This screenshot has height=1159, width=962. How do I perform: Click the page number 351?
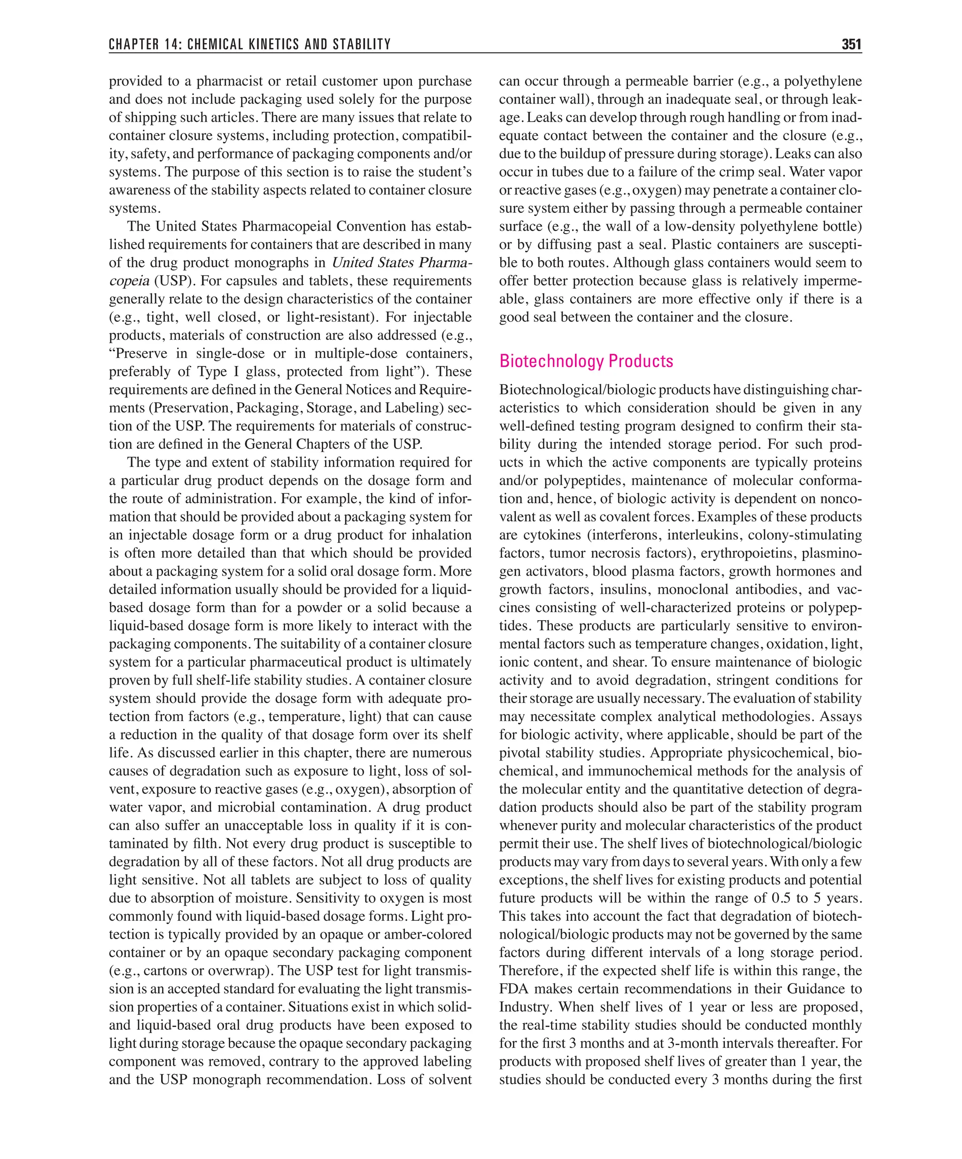click(x=851, y=44)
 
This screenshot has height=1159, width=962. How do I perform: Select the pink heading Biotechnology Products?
click(x=586, y=361)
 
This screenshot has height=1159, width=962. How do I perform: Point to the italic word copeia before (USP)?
click(x=129, y=281)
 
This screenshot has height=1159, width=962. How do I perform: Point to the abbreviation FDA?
click(x=513, y=988)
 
